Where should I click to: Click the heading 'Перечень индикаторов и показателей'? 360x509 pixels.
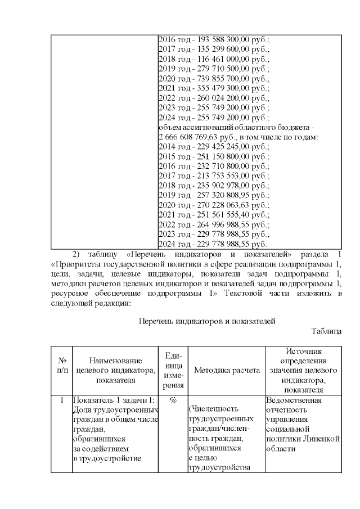point(206,322)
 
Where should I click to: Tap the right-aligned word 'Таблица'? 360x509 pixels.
point(326,332)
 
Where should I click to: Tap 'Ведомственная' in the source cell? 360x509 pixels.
point(294,400)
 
